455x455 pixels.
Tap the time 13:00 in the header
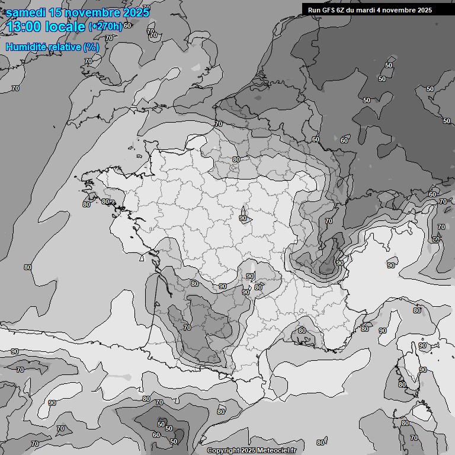click(23, 27)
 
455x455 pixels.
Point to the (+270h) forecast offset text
click(105, 27)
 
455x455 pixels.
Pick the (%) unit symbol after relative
click(91, 47)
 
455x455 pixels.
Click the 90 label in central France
click(243, 219)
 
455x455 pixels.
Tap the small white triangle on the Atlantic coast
click(141, 258)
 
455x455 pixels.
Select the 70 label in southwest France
click(187, 328)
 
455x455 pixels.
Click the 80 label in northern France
click(236, 160)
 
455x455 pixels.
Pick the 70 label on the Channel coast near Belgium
click(219, 124)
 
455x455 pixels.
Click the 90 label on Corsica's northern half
click(422, 346)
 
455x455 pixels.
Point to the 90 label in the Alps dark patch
click(339, 262)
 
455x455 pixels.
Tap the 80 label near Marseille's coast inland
click(302, 331)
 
